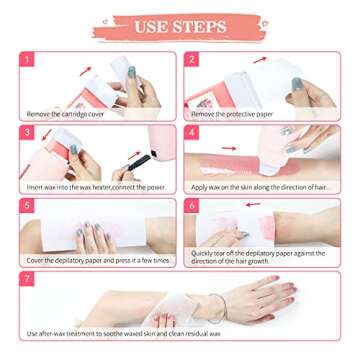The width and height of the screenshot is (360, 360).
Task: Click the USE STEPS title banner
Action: (x=180, y=27)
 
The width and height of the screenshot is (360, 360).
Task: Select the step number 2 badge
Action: (x=192, y=59)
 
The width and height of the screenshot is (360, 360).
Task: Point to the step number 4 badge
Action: (x=192, y=132)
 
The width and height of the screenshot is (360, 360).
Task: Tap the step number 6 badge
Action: (x=192, y=205)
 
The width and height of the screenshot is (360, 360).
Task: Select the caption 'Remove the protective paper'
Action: (x=232, y=114)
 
